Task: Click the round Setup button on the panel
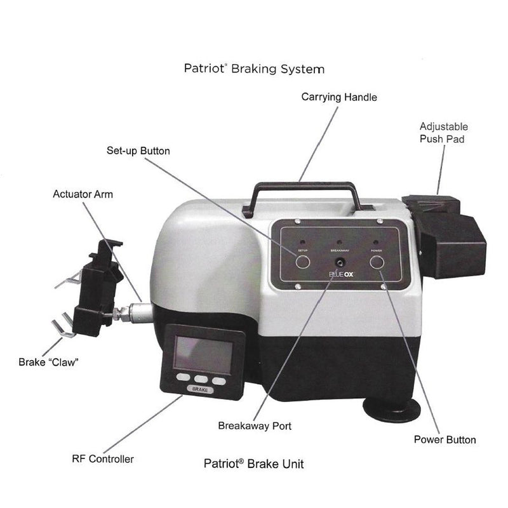click(x=303, y=260)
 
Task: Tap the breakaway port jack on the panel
click(x=337, y=262)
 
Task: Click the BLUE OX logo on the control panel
click(x=342, y=275)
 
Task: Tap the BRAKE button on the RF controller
click(x=198, y=390)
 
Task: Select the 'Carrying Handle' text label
click(x=339, y=97)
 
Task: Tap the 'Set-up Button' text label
click(x=138, y=151)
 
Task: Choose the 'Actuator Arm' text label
click(x=83, y=194)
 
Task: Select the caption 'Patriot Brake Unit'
click(x=253, y=464)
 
